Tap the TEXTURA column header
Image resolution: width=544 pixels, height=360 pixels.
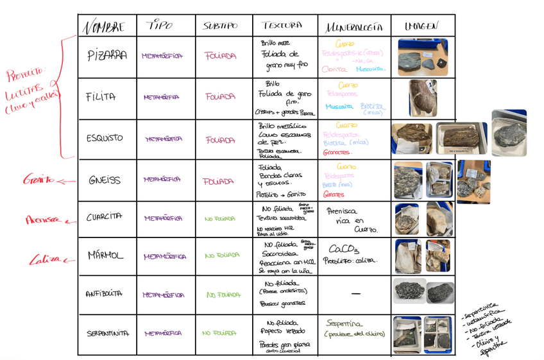coord(282,26)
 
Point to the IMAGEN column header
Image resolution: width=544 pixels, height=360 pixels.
coord(421,26)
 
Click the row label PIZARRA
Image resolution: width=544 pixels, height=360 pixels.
coord(107,56)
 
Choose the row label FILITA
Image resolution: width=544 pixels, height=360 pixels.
coord(101,97)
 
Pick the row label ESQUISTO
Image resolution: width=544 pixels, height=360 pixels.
coord(104,138)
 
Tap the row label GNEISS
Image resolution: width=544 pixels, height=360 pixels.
coord(104,180)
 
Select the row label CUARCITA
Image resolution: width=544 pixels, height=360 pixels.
coord(105,218)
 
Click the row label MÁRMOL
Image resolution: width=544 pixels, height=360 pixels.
coord(105,256)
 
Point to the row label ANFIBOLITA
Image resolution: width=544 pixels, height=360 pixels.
coord(104,295)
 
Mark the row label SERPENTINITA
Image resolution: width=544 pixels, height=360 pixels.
coord(107,333)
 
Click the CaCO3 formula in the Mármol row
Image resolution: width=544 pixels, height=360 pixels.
coord(343,249)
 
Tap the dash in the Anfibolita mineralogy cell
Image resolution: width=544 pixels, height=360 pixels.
coord(355,294)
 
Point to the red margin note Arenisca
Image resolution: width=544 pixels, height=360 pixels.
coord(43,220)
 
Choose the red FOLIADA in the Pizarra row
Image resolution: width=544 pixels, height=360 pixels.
coord(220,56)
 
